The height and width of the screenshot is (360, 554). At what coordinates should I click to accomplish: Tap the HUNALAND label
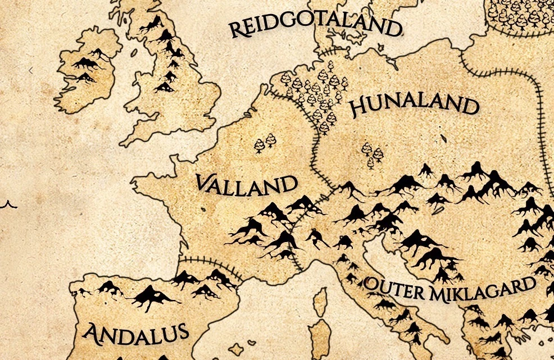pyautogui.click(x=415, y=106)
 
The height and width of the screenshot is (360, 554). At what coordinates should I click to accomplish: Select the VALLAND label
pyautogui.click(x=246, y=185)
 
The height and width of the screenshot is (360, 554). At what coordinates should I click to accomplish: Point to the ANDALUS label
pyautogui.click(x=135, y=332)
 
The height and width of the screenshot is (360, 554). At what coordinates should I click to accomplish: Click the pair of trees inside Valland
pyautogui.click(x=265, y=143)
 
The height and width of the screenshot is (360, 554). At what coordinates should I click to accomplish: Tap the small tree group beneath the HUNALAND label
pyautogui.click(x=371, y=154)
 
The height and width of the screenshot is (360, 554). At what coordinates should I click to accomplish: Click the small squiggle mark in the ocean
pyautogui.click(x=7, y=204)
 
